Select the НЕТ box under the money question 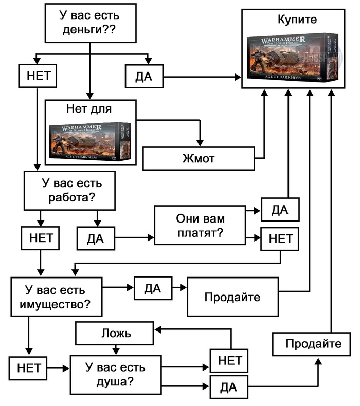pyautogui.click(x=37, y=76)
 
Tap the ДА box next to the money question pyautogui.click(x=144, y=77)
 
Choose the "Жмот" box pyautogui.click(x=198, y=158)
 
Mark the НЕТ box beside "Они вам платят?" pyautogui.click(x=280, y=238)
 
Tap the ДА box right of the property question pyautogui.click(x=153, y=289)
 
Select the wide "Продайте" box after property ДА pyautogui.click(x=232, y=297)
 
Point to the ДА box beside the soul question pyautogui.click(x=228, y=387)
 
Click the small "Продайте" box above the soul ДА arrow pyautogui.click(x=314, y=344)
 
